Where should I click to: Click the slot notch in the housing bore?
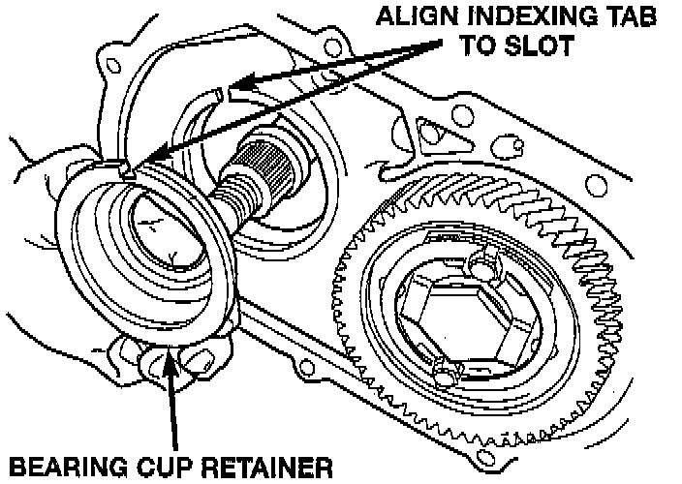coord(222,94)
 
